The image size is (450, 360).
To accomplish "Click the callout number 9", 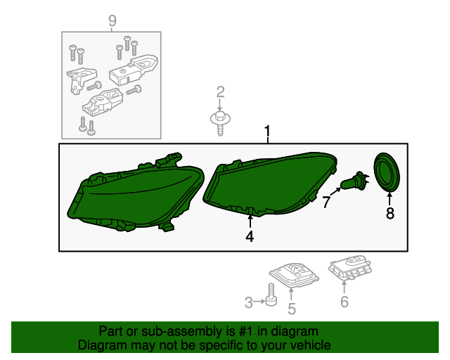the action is [x=112, y=21].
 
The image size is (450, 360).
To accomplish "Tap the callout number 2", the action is [x=220, y=92].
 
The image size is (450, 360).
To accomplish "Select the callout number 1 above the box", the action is [x=267, y=131].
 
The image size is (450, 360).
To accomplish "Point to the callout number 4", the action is [x=250, y=236].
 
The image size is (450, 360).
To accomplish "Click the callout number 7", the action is [x=326, y=202].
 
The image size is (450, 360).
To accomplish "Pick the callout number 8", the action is [x=390, y=213].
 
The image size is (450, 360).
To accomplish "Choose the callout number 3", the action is [x=248, y=302].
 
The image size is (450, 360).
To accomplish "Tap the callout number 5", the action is [x=292, y=309].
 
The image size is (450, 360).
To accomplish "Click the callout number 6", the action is [x=345, y=302].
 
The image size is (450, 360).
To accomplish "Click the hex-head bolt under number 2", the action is [x=220, y=124].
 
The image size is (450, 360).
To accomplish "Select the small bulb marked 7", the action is [x=354, y=181].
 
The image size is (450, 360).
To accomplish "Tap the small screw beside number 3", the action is [x=271, y=295].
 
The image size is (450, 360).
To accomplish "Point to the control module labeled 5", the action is [x=294, y=275].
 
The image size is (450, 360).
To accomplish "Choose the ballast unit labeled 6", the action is [x=350, y=267].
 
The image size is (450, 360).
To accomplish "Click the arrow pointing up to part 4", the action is [x=250, y=221].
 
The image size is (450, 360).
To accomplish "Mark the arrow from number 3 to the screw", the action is [x=259, y=302].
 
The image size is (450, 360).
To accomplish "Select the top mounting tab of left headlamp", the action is [x=169, y=160].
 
